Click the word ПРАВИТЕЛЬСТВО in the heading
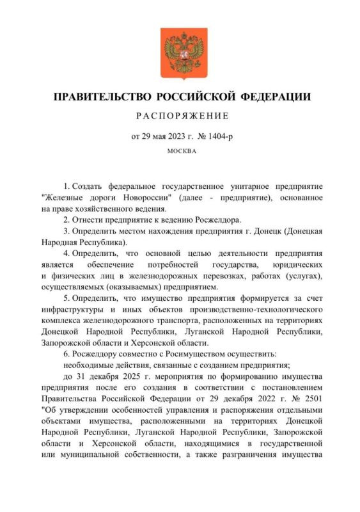tap(102, 98)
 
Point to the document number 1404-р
tap(214, 136)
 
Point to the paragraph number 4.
tap(67, 254)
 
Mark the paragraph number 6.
tap(67, 355)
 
